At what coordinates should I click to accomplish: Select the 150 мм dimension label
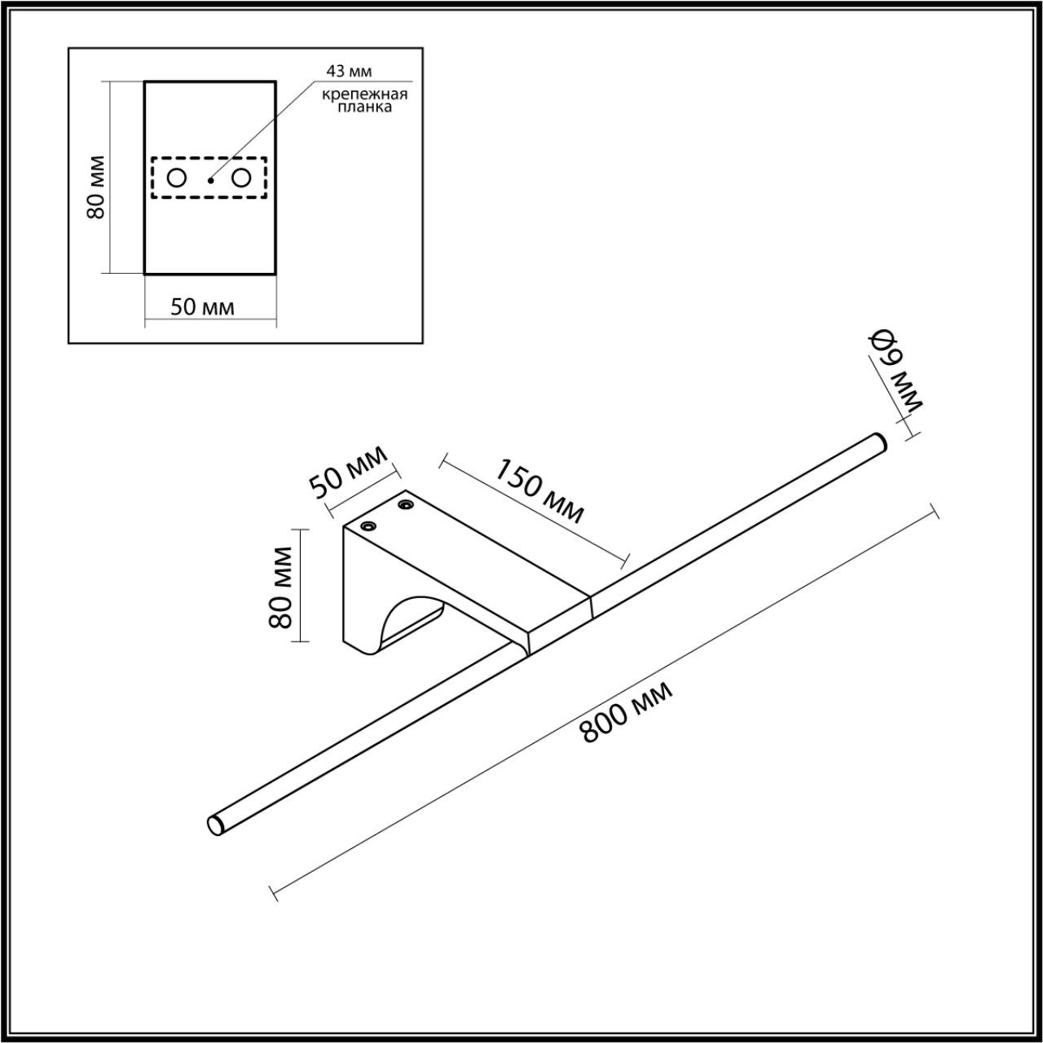pyautogui.click(x=540, y=491)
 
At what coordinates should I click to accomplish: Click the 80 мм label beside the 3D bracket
pyautogui.click(x=281, y=587)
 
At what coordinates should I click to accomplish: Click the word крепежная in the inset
pyautogui.click(x=363, y=94)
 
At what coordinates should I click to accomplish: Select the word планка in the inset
pyautogui.click(x=363, y=107)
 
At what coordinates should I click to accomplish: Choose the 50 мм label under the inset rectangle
pyautogui.click(x=202, y=307)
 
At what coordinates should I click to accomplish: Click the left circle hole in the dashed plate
pyautogui.click(x=177, y=178)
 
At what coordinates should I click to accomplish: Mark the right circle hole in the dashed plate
pyautogui.click(x=241, y=178)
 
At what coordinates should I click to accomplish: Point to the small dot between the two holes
pyautogui.click(x=210, y=179)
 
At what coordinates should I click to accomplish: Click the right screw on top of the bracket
pyautogui.click(x=404, y=506)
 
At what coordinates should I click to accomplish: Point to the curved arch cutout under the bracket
pyautogui.click(x=407, y=623)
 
